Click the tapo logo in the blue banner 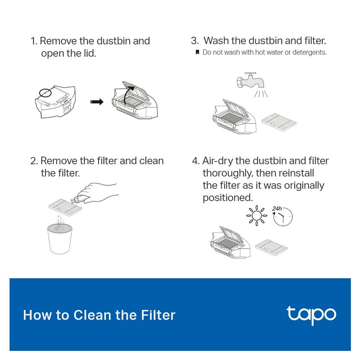pos(311,315)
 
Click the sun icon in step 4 pos(256,216)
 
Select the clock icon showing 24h pos(283,216)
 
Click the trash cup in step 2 pos(60,239)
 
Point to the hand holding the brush pos(98,193)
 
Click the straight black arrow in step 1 pos(97,101)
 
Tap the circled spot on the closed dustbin pos(45,92)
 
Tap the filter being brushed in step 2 pos(65,206)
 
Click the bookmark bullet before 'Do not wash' pos(197,52)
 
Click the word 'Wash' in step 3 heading pos(216,41)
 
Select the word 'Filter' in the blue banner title pos(158,315)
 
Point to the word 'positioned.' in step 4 pos(228,198)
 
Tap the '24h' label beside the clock pos(277,209)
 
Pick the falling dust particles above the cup pos(60,223)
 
